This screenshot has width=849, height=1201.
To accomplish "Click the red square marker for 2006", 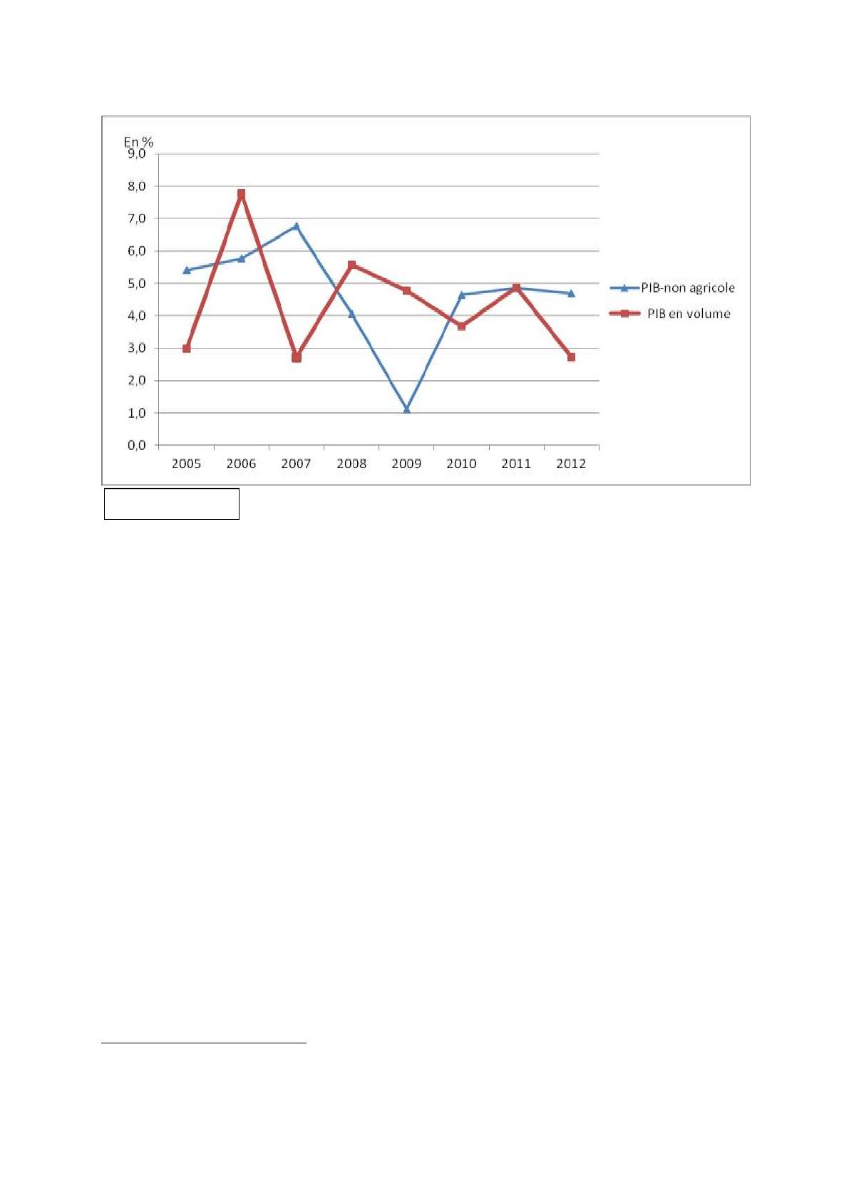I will pyautogui.click(x=241, y=193).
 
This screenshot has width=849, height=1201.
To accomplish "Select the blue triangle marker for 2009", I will pyautogui.click(x=406, y=409).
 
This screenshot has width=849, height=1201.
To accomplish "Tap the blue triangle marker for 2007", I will pyautogui.click(x=297, y=226).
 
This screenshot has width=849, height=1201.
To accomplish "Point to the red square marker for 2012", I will pyautogui.click(x=571, y=357).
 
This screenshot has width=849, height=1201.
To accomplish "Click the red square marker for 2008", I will pyautogui.click(x=351, y=265).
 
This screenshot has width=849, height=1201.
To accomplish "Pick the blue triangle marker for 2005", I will pyautogui.click(x=187, y=270).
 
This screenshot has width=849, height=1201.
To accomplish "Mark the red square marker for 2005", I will pyautogui.click(x=187, y=349).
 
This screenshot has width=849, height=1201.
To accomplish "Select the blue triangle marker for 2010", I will pyautogui.click(x=461, y=294).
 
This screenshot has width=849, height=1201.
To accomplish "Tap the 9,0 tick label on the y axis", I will pyautogui.click(x=136, y=153).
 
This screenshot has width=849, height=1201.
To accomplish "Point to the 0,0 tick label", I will pyautogui.click(x=136, y=445).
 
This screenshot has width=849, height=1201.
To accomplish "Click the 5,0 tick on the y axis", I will pyautogui.click(x=136, y=283).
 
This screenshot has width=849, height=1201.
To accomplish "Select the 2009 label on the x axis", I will pyautogui.click(x=406, y=464).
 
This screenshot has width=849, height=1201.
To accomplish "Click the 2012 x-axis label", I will pyautogui.click(x=571, y=464).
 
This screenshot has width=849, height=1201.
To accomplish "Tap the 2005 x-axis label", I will pyautogui.click(x=187, y=464).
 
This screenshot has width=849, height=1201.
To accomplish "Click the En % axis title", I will pyautogui.click(x=138, y=142).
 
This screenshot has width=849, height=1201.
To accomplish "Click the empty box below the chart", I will pyautogui.click(x=171, y=504).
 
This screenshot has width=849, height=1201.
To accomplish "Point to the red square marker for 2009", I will pyautogui.click(x=406, y=291).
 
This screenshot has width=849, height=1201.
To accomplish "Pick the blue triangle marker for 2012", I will pyautogui.click(x=571, y=292).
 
